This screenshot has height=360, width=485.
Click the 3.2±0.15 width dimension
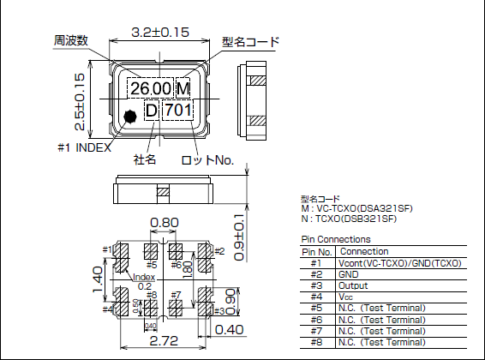click(x=159, y=33)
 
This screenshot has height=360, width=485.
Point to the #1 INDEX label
click(x=84, y=147)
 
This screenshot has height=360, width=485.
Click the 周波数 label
click(x=71, y=40)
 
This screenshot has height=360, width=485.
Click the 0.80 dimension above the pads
click(x=164, y=224)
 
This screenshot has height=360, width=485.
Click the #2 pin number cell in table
click(x=316, y=273)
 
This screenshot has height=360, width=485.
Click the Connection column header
click(x=364, y=251)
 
